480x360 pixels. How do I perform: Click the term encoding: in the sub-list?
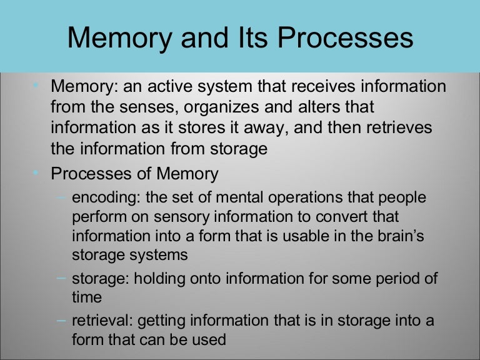[x=106, y=198]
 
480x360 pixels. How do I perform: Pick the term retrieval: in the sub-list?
[x=102, y=322]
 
